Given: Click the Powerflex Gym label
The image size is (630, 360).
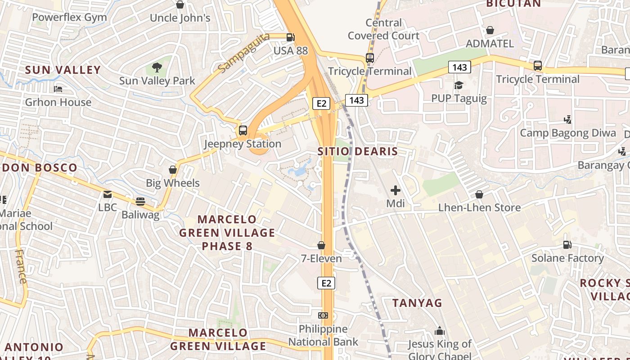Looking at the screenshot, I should [x=69, y=18].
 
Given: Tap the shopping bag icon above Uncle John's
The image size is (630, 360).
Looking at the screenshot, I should [x=180, y=4].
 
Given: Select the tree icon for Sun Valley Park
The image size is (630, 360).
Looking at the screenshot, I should [x=157, y=68].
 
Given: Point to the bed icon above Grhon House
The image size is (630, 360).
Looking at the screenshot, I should [x=58, y=89].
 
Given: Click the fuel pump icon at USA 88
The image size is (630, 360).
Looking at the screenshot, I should [x=291, y=37].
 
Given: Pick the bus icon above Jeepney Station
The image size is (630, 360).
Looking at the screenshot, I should [x=243, y=130].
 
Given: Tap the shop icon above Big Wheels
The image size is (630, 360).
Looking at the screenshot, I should [x=173, y=170].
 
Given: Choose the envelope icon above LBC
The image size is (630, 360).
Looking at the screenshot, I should [x=108, y=194].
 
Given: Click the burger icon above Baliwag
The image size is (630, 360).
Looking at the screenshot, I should [x=140, y=201].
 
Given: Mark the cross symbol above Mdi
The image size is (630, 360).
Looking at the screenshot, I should [x=396, y=190].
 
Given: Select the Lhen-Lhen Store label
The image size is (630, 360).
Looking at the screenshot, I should [x=480, y=207].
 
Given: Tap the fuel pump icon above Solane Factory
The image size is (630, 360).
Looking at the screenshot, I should [x=567, y=245].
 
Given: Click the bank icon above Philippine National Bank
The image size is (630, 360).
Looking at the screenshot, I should [x=323, y=315].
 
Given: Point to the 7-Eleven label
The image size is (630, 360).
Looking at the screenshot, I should [x=321, y=258].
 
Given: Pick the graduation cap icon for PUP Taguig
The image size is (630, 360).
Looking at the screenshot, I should [x=459, y=85].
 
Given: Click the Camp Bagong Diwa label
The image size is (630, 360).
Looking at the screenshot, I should [x=568, y=133].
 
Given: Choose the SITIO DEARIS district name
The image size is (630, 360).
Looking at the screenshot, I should [x=358, y=151].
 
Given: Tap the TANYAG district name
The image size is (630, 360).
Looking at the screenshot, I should [x=417, y=303].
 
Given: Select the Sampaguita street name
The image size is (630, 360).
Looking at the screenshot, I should [x=243, y=53].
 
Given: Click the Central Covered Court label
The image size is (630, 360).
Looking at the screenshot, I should [x=383, y=29].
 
